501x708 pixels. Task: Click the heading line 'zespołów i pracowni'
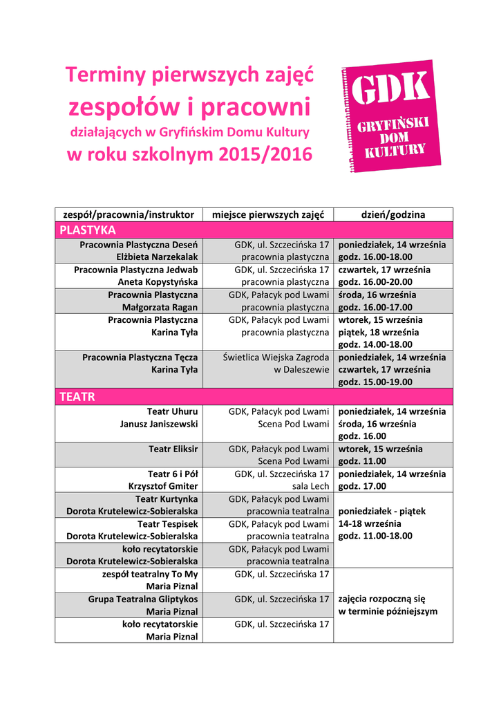(x=189, y=107)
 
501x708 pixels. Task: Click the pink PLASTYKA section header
(x=88, y=230)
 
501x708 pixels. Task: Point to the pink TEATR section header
(x=77, y=397)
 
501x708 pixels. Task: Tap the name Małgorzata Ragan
(x=160, y=306)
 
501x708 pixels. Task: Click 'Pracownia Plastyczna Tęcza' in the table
(x=140, y=357)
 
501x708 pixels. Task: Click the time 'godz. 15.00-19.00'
(x=375, y=382)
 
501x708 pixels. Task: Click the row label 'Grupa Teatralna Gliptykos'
(x=142, y=599)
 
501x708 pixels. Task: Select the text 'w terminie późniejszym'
(x=388, y=611)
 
